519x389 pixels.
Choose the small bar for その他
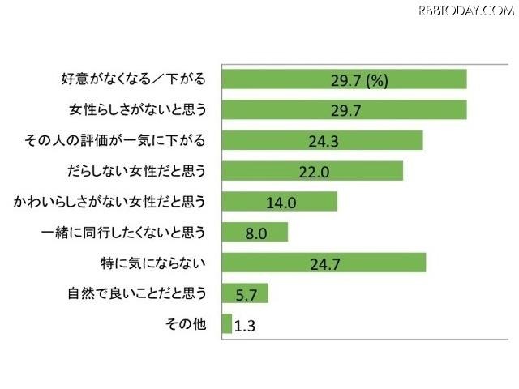point(226,324)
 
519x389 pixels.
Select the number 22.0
point(312,171)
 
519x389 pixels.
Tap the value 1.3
point(246,325)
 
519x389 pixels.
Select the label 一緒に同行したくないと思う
point(124,233)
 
